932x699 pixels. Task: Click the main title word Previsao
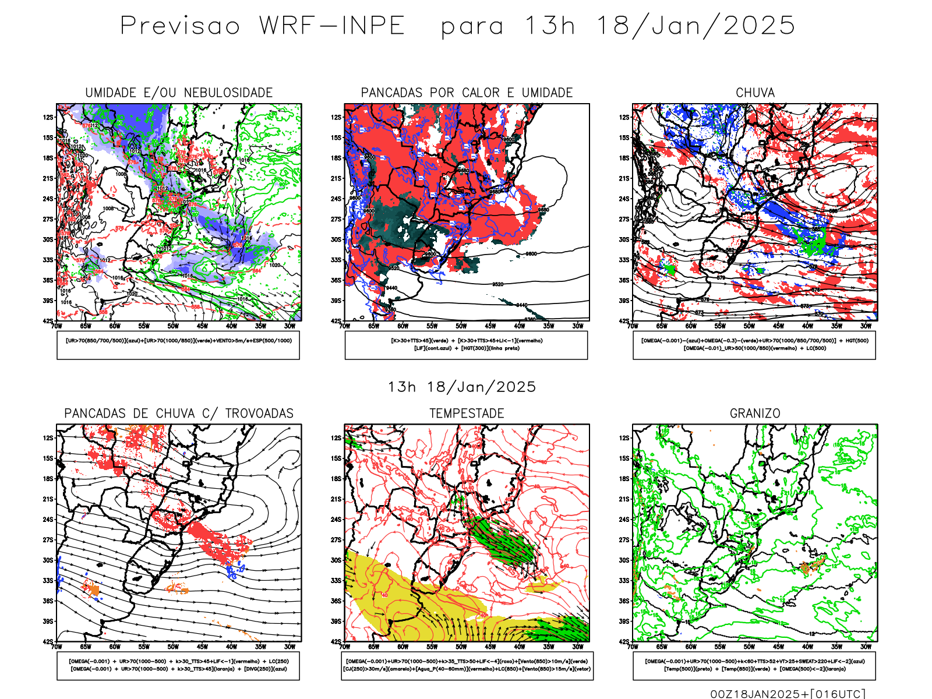click(x=180, y=26)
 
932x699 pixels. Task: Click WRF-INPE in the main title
click(x=332, y=26)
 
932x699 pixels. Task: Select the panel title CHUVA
click(x=755, y=93)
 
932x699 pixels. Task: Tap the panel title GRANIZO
click(x=755, y=414)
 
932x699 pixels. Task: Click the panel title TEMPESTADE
click(x=467, y=414)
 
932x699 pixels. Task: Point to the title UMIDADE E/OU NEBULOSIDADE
click(x=179, y=93)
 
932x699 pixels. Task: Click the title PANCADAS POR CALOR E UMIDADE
click(x=467, y=93)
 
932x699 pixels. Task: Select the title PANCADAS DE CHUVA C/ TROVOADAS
click(x=179, y=414)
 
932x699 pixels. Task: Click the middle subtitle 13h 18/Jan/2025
click(x=462, y=387)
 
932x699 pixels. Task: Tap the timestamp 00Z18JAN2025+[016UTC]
click(x=788, y=694)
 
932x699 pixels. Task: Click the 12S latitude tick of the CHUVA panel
click(x=624, y=117)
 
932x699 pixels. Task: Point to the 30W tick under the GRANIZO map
click(x=866, y=647)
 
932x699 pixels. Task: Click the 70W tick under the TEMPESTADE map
click(x=345, y=647)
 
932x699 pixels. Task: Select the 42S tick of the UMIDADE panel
click(x=47, y=321)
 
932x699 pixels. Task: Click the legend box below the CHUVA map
click(x=754, y=345)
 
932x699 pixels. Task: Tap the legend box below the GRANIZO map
click(x=754, y=665)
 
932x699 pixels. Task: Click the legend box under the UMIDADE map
click(x=178, y=345)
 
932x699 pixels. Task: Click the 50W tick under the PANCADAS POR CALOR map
click(x=461, y=326)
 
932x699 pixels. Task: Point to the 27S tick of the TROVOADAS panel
click(x=47, y=540)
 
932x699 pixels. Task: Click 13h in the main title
click(x=550, y=26)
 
